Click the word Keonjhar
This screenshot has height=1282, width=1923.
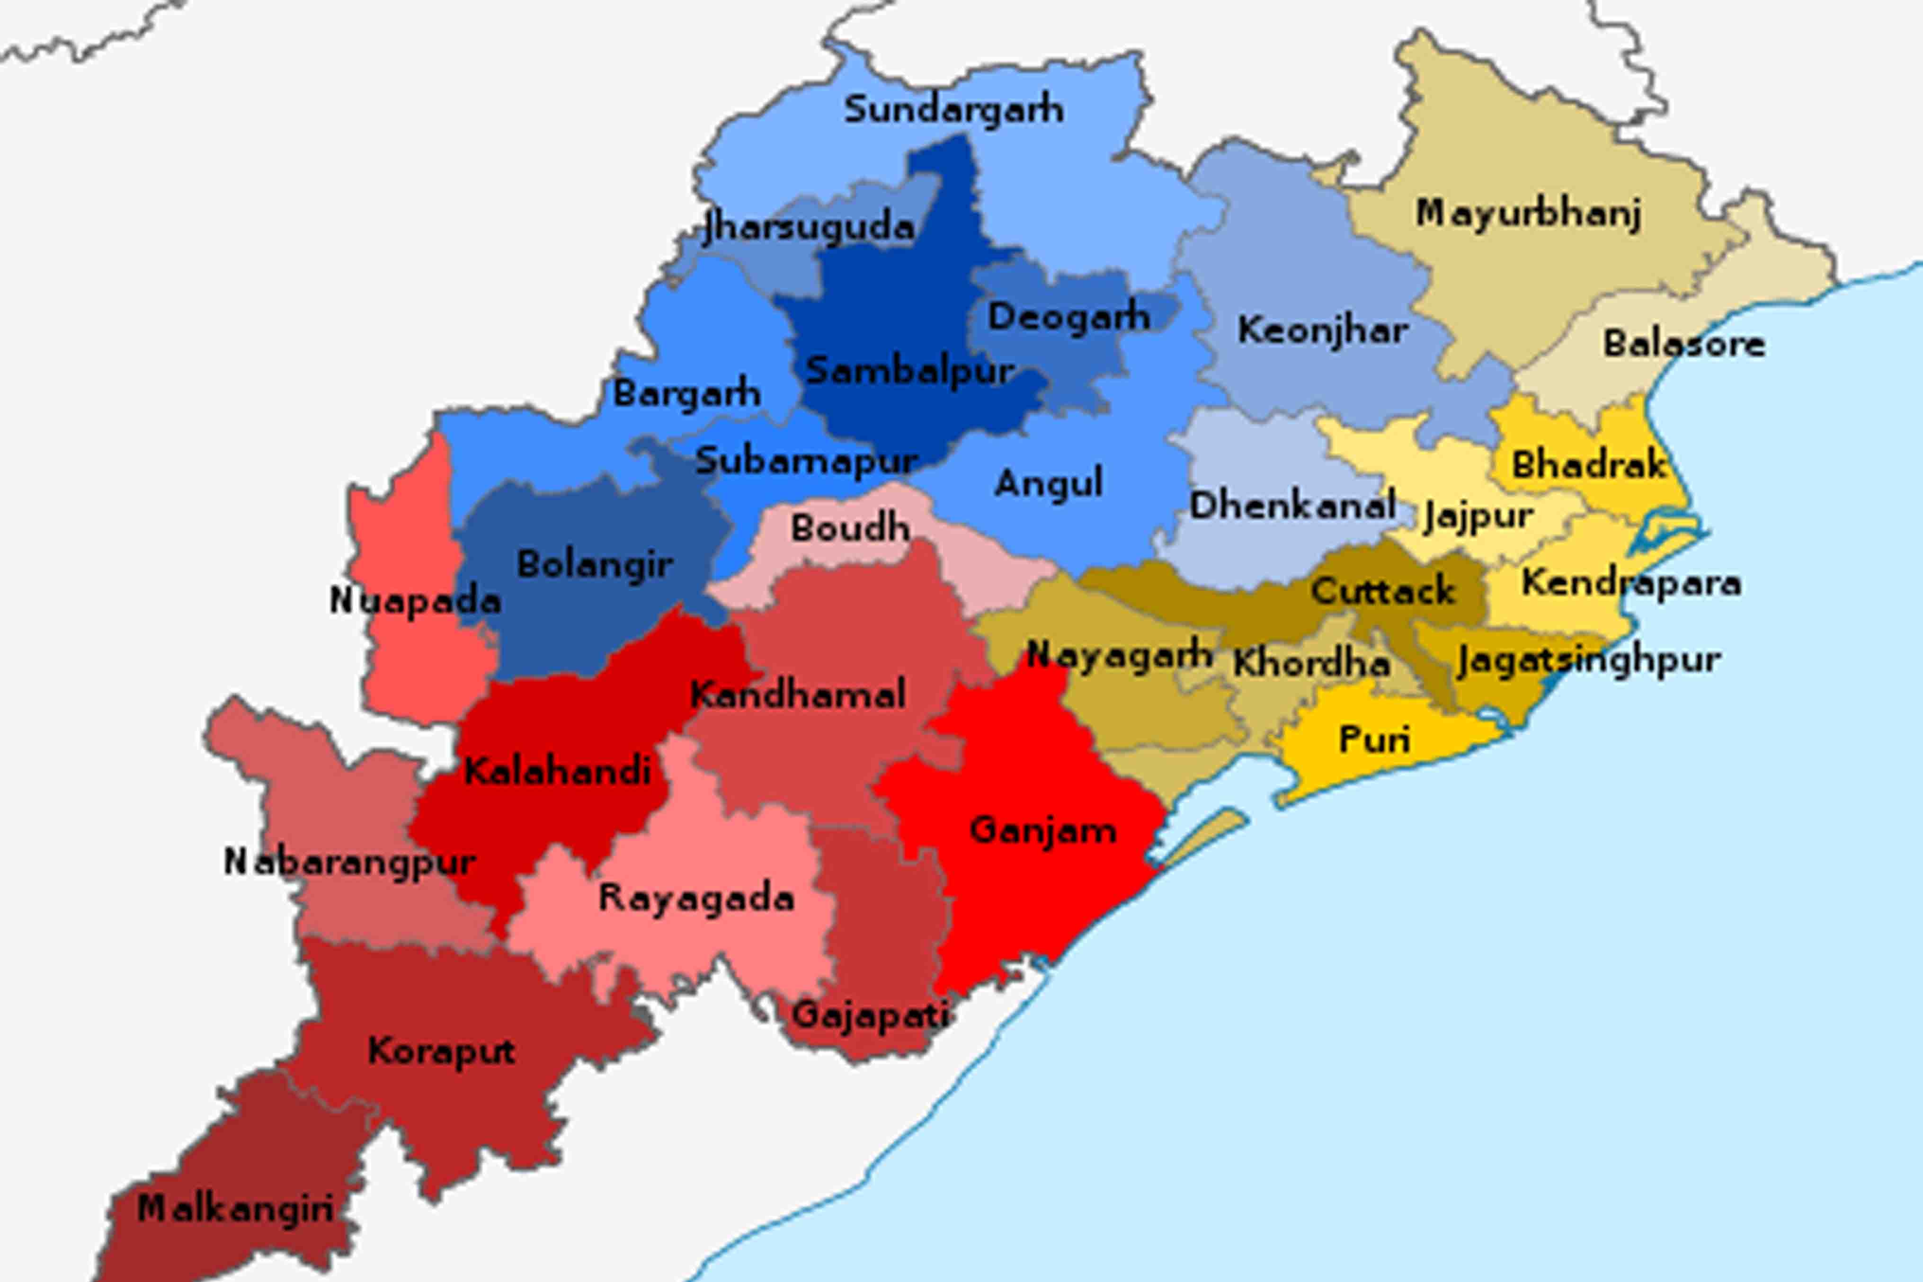(x=1322, y=331)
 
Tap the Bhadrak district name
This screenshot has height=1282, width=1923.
(x=1588, y=465)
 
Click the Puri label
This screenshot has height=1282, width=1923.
(x=1374, y=740)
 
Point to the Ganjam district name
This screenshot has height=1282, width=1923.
(x=1042, y=831)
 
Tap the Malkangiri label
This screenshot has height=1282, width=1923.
(x=235, y=1209)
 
